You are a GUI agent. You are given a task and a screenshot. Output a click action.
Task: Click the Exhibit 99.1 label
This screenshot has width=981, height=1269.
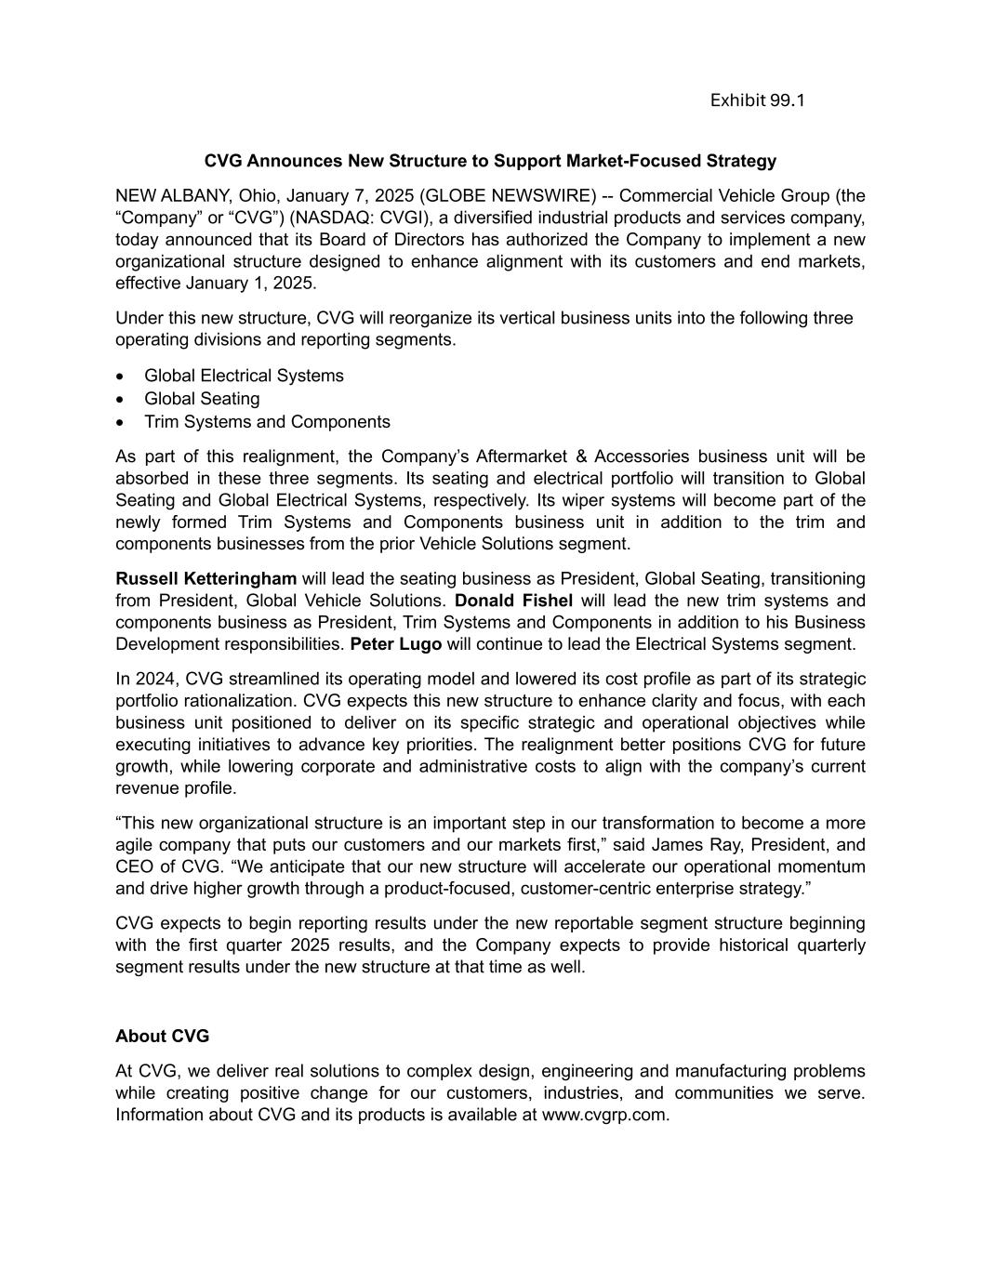(757, 99)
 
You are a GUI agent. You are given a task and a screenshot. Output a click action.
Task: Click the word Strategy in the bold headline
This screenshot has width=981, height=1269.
(741, 161)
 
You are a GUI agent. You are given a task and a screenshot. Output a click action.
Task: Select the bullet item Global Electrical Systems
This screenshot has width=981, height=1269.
(244, 376)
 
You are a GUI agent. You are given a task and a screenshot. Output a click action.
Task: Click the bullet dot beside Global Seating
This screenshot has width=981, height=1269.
(121, 400)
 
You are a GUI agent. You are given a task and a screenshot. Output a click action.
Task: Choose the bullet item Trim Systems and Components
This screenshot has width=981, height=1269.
(267, 422)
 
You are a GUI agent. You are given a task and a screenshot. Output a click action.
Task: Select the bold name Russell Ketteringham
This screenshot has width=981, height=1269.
(205, 578)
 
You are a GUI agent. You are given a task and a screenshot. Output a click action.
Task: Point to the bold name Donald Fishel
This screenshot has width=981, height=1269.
(513, 601)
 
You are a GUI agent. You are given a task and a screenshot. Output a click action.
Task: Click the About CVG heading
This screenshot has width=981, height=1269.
(162, 1036)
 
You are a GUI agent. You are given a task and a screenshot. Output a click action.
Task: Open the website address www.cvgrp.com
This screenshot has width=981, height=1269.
(604, 1115)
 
